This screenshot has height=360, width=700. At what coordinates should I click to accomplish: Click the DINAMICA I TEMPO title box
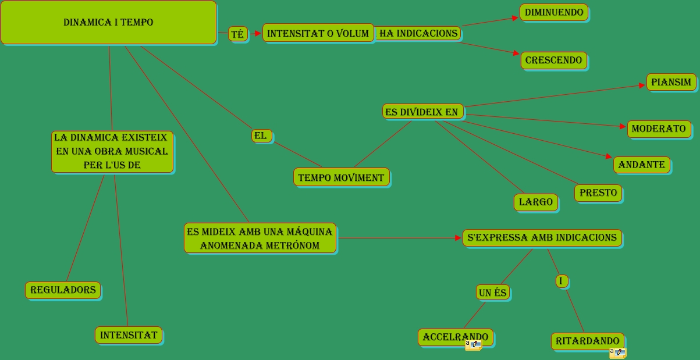coord(108,23)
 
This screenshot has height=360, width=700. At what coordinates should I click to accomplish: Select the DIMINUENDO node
coord(553,12)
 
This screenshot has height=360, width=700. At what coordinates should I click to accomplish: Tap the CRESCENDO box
coord(553,60)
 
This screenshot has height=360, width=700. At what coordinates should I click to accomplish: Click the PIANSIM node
coord(671,82)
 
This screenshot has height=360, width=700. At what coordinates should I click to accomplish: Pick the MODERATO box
coord(659,129)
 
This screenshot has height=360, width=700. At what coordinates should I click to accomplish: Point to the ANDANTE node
coord(641,165)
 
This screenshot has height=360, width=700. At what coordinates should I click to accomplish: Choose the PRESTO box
coord(598,193)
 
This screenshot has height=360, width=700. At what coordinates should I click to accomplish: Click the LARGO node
coord(535,202)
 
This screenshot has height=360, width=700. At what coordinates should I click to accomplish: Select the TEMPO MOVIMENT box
coord(341,177)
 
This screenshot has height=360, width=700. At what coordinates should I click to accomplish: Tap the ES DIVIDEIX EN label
coord(422,112)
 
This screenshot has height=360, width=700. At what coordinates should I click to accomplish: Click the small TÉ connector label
coord(237,34)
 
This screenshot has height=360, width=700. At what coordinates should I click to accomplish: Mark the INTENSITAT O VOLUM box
coord(318,33)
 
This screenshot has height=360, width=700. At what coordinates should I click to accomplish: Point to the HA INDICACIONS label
coord(418,33)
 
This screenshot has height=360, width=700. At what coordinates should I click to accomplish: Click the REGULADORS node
coord(63,290)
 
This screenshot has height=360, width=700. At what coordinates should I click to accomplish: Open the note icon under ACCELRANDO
coord(473,344)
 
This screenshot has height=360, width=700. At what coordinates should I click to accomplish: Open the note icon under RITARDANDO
coord(617,352)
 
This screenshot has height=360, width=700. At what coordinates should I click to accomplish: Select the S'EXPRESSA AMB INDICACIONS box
coord(542,237)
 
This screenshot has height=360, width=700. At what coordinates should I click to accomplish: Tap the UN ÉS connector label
coord(492,293)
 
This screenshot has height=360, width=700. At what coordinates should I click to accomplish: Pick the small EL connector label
coord(260,136)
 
